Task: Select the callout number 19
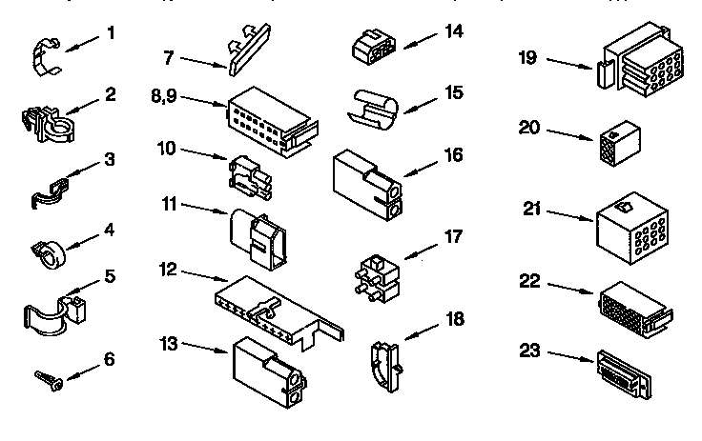pos(527,57)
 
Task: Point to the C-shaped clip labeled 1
pos(44,58)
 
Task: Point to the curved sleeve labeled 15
pos(375,108)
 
